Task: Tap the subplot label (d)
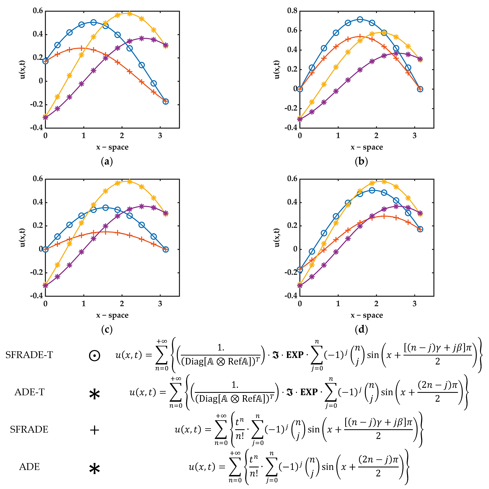361,329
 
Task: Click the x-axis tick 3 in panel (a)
160,136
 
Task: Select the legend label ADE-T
29,392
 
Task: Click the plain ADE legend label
29,466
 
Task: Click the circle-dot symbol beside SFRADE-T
94,356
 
